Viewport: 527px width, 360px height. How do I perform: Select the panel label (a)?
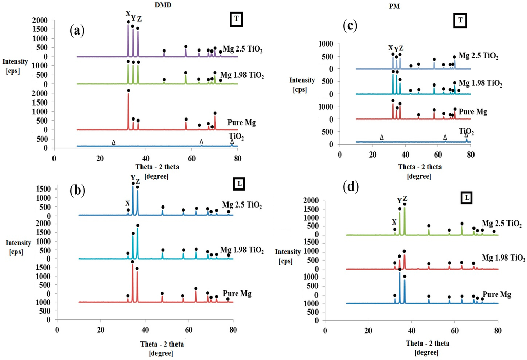tap(77, 30)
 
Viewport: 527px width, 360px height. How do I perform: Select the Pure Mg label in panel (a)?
tap(242, 123)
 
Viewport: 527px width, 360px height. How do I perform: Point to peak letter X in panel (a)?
tap(128, 14)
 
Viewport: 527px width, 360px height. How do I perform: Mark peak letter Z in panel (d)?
tap(405, 198)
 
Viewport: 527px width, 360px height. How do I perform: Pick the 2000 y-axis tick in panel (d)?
tap(334, 200)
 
